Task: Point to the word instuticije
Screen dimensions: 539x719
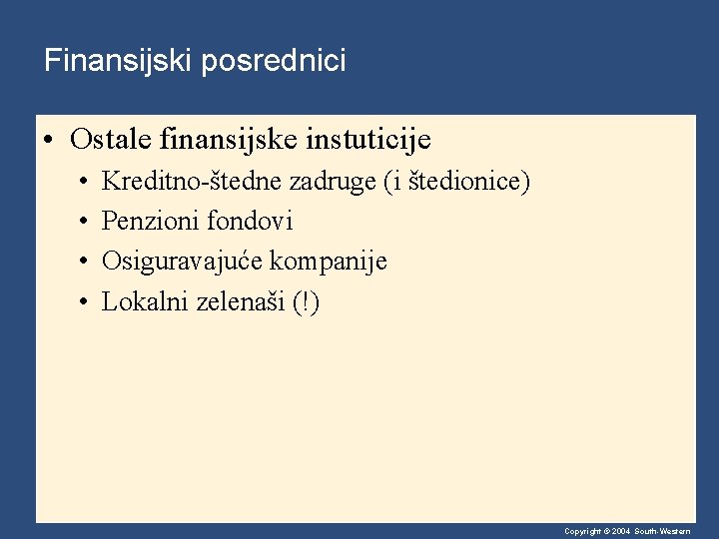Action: coord(371,139)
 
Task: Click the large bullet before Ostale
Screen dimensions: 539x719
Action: coord(49,140)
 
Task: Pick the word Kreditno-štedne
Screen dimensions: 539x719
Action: coord(193,182)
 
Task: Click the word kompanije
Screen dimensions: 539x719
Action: coord(329,262)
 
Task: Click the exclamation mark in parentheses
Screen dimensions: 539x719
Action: coord(307,301)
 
